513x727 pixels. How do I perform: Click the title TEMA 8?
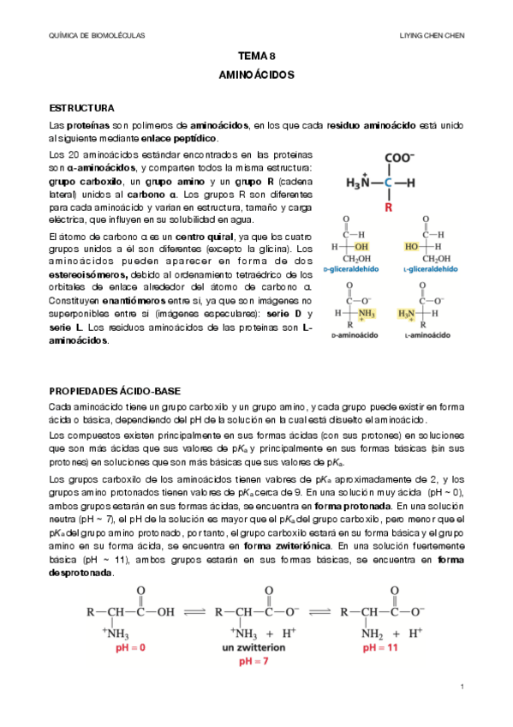[256, 57]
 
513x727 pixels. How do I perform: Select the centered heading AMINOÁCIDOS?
[256, 75]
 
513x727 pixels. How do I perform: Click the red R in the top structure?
[388, 207]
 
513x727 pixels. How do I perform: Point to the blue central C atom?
[388, 183]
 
